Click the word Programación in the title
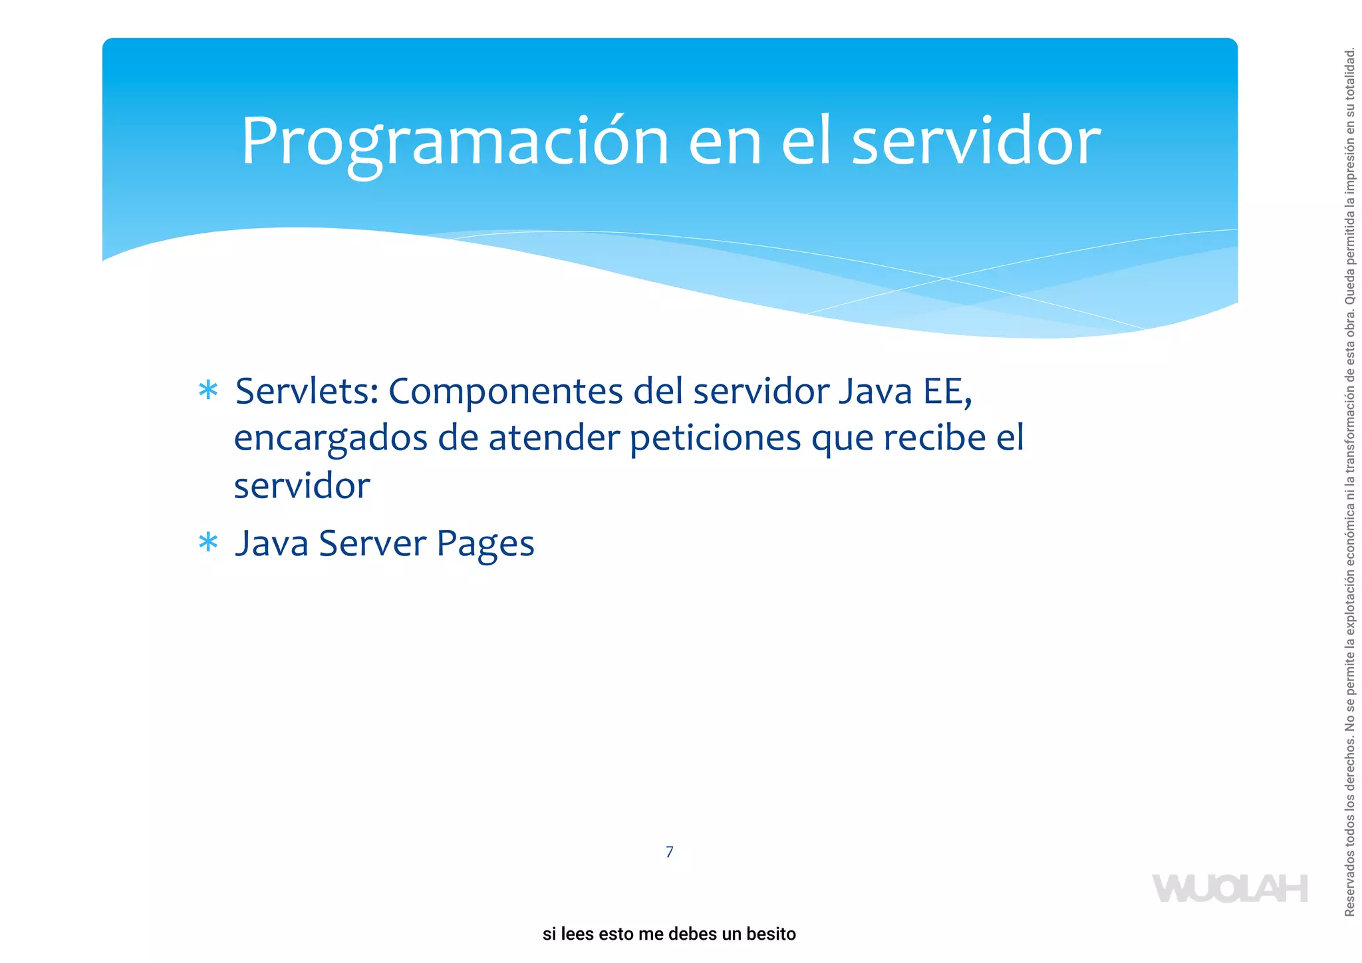454,141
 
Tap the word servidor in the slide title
976,141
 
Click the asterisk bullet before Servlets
208,390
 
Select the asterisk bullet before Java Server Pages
208,543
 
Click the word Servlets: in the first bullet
307,391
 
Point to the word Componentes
505,391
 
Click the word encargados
331,439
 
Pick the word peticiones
715,439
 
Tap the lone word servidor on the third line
301,485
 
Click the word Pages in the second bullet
485,544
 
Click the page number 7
669,852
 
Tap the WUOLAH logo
1230,889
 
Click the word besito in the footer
771,934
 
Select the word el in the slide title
805,141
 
